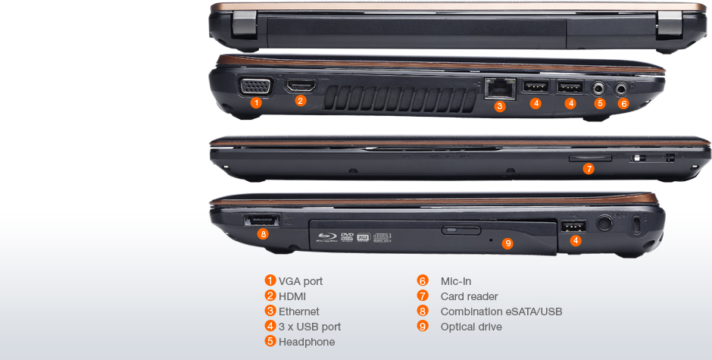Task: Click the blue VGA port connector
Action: point(256,86)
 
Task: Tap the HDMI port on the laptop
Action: point(301,86)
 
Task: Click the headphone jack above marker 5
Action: point(600,87)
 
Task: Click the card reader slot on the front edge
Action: point(590,158)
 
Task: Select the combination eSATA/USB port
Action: point(262,221)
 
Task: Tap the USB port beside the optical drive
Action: point(573,226)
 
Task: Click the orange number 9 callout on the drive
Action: point(507,243)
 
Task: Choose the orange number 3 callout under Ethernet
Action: point(499,106)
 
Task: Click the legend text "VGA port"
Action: point(301,281)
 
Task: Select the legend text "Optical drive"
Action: point(471,327)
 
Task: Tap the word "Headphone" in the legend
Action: point(307,342)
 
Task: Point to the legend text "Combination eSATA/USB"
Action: point(501,311)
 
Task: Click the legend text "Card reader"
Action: point(469,296)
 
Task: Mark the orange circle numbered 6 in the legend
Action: point(423,281)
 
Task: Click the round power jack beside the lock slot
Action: point(604,222)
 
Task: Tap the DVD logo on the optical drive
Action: point(347,236)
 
